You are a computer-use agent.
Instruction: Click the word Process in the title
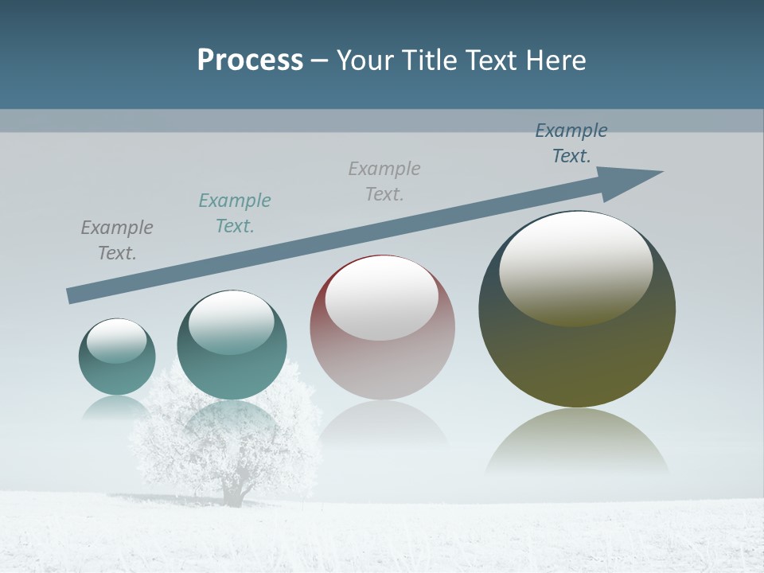click(250, 60)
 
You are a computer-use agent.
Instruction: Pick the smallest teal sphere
click(117, 357)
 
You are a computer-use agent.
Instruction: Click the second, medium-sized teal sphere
click(232, 345)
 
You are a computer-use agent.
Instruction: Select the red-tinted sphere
click(382, 328)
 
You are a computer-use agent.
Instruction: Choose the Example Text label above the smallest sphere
click(117, 240)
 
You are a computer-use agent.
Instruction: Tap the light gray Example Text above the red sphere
click(384, 181)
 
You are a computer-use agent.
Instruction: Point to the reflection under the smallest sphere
click(117, 408)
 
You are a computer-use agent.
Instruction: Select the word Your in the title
click(361, 60)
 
